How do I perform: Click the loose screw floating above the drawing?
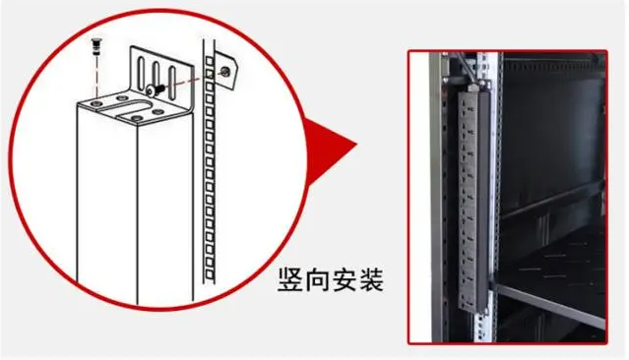[x=96, y=46]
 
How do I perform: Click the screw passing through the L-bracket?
[x=154, y=90]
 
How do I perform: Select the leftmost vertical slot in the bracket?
[x=141, y=72]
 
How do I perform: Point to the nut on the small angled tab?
[x=225, y=72]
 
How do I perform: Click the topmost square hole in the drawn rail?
[x=209, y=61]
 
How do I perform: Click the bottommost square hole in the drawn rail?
[x=210, y=274]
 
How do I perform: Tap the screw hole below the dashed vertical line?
[x=96, y=104]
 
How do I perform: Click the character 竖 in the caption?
[x=290, y=279]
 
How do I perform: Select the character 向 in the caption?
[x=317, y=279]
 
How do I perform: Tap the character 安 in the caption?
[x=345, y=279]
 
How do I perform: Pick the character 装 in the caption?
[x=371, y=279]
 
